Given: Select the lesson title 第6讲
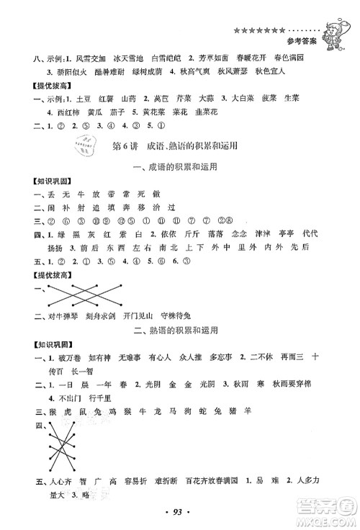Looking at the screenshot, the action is point(126,145).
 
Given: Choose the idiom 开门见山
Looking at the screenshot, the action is point(149,315).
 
